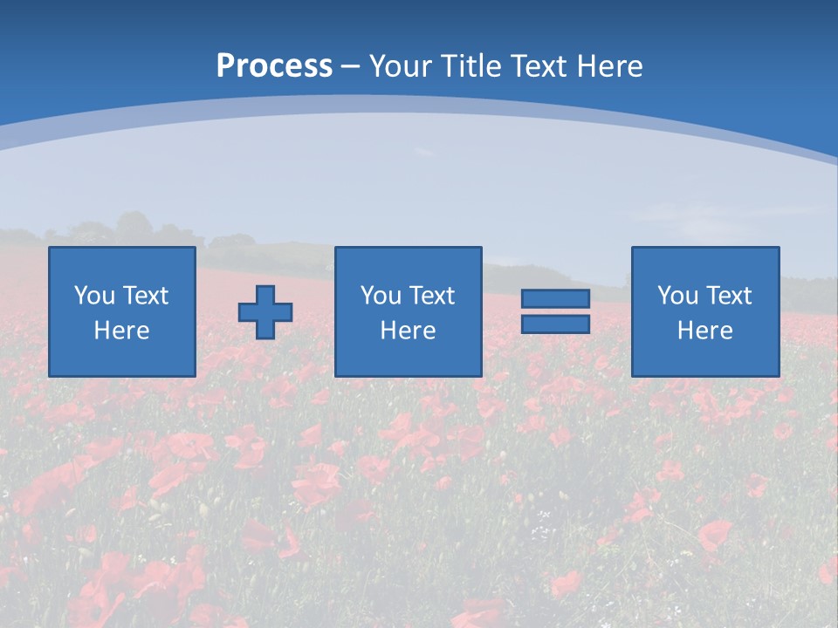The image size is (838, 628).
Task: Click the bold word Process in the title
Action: click(274, 66)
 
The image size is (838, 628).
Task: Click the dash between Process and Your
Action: click(350, 67)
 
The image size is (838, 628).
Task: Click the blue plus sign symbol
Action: click(265, 311)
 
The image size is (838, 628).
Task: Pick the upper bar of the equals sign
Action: click(555, 299)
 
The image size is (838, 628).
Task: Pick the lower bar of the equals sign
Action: click(555, 324)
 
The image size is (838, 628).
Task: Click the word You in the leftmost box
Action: click(93, 296)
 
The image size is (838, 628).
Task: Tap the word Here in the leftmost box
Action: click(122, 331)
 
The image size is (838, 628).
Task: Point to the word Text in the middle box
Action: click(432, 296)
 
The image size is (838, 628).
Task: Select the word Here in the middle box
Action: click(408, 331)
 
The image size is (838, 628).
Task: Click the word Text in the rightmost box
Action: click(729, 296)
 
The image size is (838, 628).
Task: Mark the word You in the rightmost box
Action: click(677, 296)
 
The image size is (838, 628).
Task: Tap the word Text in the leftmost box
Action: click(146, 296)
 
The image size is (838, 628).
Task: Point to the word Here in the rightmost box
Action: click(705, 331)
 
